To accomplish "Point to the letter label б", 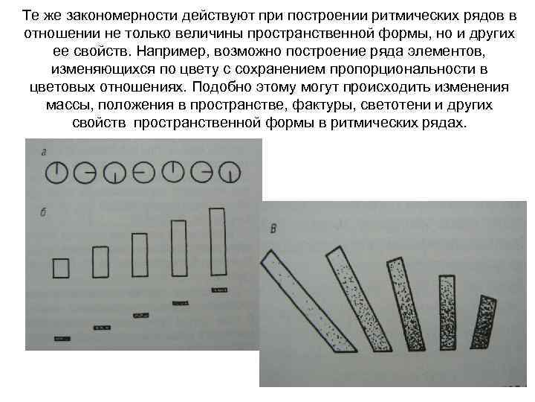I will pyautogui.click(x=45, y=214).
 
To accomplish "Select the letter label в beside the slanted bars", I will pyautogui.click(x=274, y=229).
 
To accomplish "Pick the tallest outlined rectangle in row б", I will pyautogui.click(x=217, y=242).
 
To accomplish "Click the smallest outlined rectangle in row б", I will pyautogui.click(x=61, y=267).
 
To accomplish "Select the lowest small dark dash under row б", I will pyautogui.click(x=62, y=339).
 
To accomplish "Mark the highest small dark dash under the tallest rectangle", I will pyautogui.click(x=218, y=291).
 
